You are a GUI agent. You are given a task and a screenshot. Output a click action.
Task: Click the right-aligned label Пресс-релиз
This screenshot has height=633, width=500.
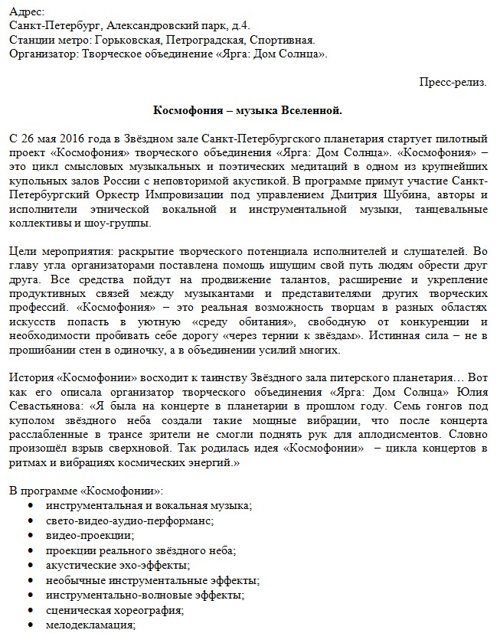pos(453,82)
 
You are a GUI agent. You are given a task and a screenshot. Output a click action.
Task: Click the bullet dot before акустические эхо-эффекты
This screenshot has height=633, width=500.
pos(30,566)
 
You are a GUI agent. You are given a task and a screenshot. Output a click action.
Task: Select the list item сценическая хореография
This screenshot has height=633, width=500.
pos(115,610)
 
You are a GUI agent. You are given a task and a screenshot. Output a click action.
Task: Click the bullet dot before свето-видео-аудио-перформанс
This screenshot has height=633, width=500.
pos(30,521)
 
